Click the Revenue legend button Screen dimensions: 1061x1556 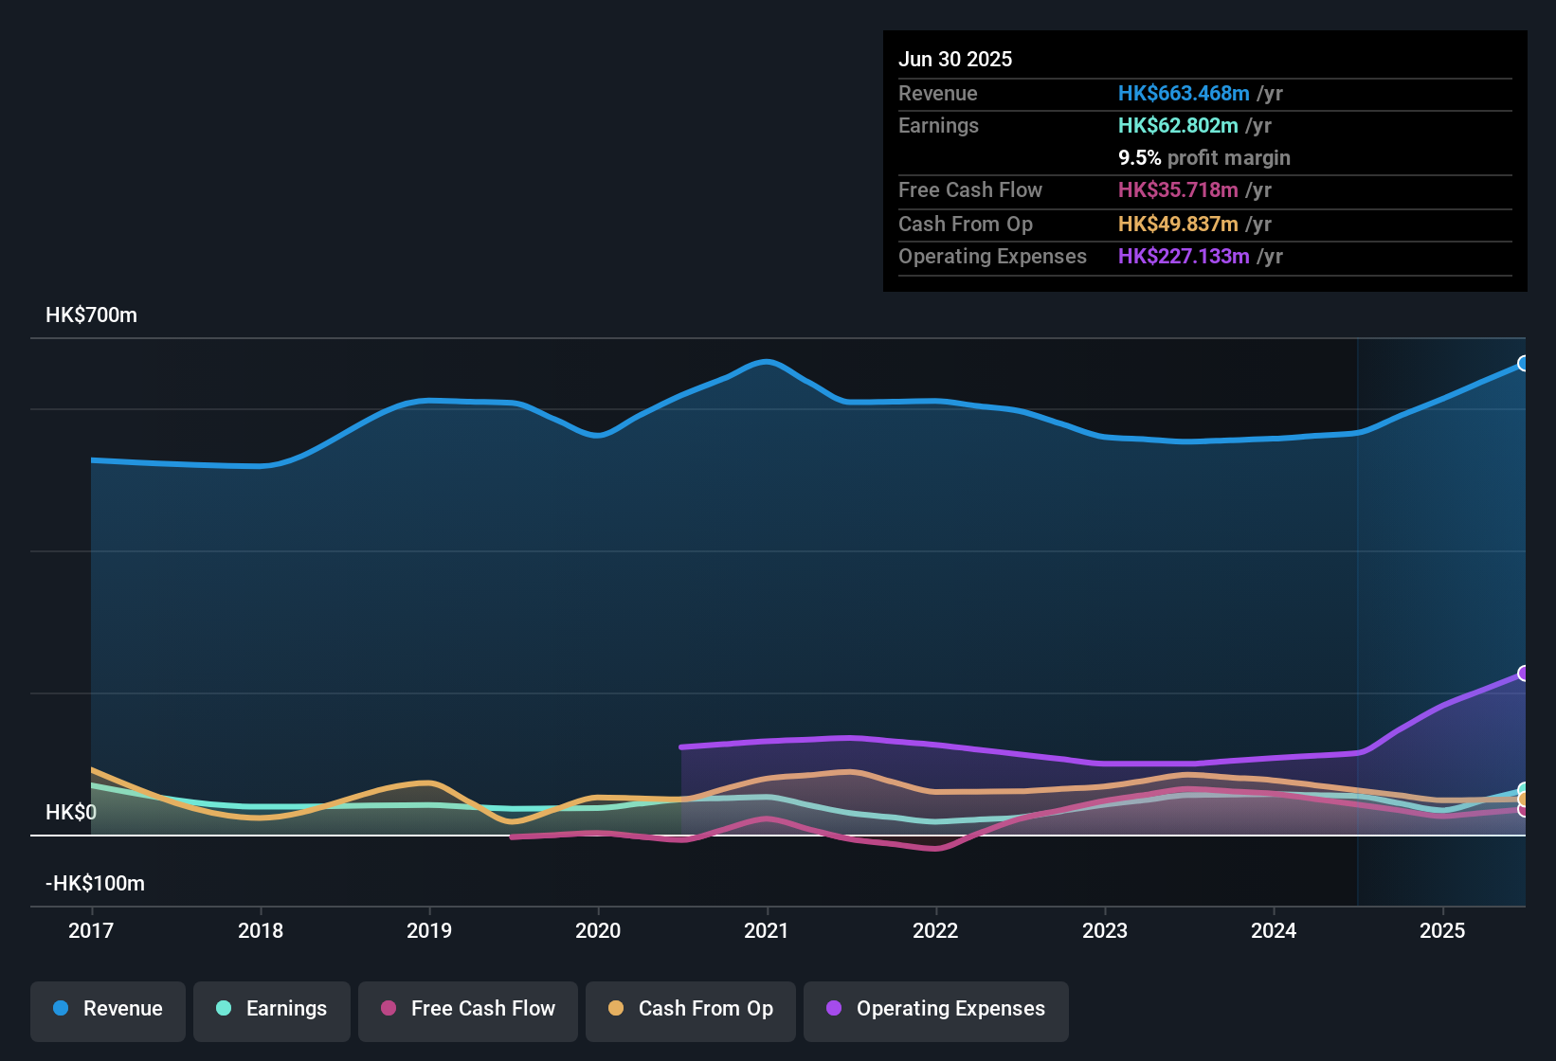coord(108,1009)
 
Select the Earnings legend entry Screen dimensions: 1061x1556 coord(272,1009)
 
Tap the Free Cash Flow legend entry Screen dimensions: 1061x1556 coord(468,1009)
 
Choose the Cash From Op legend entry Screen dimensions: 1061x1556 coord(691,1009)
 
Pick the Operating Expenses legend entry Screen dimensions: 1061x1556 coord(936,1009)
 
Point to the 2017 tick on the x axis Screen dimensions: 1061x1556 coord(91,930)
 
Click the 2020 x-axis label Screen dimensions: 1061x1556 coord(598,930)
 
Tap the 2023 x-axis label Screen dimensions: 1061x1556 coord(1105,930)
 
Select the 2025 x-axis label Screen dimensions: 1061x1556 coord(1442,930)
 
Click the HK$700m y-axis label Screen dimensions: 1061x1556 coord(91,315)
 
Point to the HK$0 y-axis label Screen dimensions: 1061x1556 coord(71,813)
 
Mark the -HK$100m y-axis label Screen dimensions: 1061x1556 coord(95,884)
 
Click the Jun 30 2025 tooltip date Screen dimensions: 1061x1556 coord(955,60)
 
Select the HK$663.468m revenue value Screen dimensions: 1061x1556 coord(1184,94)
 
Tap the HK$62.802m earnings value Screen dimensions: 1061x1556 coord(1178,126)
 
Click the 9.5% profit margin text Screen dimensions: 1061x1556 coord(1203,158)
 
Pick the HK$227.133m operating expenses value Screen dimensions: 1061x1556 coord(1184,257)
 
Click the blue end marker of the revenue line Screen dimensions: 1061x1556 coord(1523,364)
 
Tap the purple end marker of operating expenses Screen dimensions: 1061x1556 coord(1523,674)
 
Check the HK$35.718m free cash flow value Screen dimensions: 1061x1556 coord(1178,190)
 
